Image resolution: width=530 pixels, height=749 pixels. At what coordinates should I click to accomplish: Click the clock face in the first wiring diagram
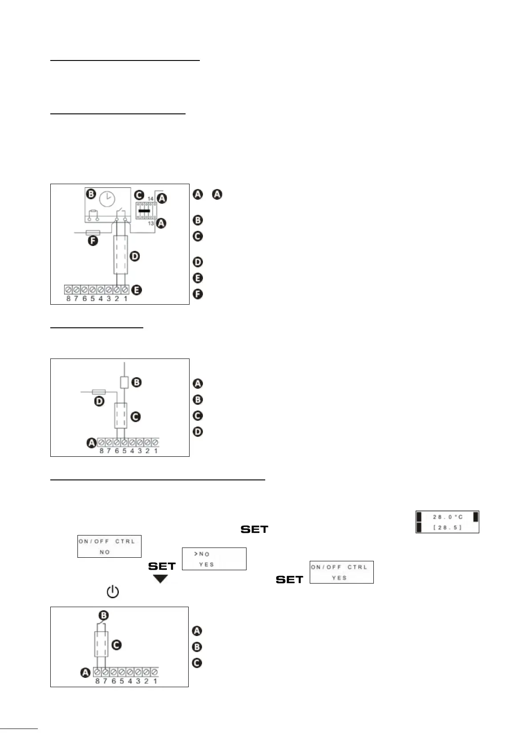coord(107,199)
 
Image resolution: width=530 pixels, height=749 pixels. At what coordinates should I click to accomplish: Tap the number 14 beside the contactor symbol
coord(150,199)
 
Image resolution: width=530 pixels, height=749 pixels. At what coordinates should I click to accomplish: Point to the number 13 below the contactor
coord(151,223)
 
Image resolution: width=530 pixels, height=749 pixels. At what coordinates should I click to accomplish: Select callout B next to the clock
coord(91,194)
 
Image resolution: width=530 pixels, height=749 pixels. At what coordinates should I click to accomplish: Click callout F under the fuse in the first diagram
coord(93,242)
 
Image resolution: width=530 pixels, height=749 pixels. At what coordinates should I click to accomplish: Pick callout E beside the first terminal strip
coord(137,290)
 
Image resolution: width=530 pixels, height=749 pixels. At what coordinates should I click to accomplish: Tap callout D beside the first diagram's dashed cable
coord(134,256)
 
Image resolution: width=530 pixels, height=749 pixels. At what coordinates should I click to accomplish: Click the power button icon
coord(113,592)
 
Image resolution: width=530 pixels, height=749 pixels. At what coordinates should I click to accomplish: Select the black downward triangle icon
coord(161,579)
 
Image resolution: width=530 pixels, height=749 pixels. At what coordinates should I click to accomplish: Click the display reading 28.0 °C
coord(447,522)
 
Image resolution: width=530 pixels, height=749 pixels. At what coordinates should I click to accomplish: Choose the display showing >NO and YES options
coord(214,559)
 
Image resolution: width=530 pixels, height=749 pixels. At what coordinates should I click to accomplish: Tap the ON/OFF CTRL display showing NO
coord(109,546)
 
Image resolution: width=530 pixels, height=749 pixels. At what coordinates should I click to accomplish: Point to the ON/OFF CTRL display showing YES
coord(341,572)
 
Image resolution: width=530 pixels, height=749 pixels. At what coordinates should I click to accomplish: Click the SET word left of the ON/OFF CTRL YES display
coord(289,579)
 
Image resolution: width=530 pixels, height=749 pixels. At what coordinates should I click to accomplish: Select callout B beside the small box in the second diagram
coord(137,382)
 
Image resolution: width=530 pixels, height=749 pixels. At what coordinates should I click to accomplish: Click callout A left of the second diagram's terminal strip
coord(91,443)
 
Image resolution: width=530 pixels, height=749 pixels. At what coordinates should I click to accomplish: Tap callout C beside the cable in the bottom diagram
coord(117,644)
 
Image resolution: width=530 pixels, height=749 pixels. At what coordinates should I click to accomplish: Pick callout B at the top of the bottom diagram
coord(103,616)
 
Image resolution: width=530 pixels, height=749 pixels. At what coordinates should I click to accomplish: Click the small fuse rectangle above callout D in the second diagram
coord(99,392)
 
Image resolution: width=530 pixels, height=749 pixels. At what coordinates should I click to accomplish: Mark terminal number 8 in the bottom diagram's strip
coord(97,681)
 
